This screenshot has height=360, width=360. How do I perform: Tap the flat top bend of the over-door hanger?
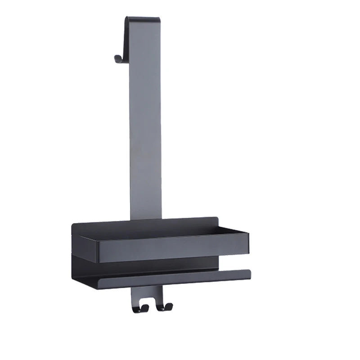click(x=143, y=19)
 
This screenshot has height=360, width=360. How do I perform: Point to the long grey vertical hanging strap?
click(x=145, y=135)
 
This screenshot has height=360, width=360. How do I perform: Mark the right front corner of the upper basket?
click(x=247, y=234)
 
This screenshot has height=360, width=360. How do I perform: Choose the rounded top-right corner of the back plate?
click(x=216, y=219)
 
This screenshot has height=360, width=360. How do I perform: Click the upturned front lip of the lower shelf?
click(x=175, y=279)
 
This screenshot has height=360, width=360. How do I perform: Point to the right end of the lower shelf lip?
click(x=249, y=272)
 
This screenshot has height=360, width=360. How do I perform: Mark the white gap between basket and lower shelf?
click(x=234, y=263)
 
